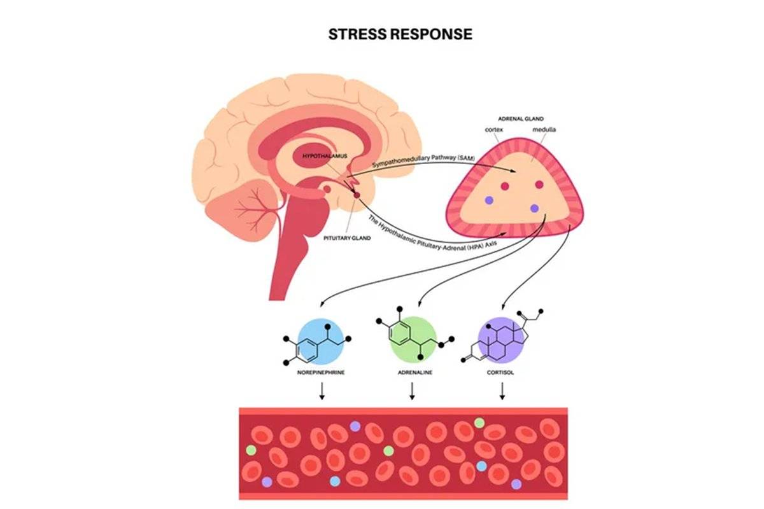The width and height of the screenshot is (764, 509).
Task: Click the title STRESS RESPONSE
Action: tap(400, 34)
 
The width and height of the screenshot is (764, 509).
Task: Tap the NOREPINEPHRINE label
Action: tap(322, 372)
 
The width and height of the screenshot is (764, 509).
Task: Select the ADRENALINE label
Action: tap(413, 372)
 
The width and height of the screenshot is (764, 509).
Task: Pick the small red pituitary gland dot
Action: tap(357, 195)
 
